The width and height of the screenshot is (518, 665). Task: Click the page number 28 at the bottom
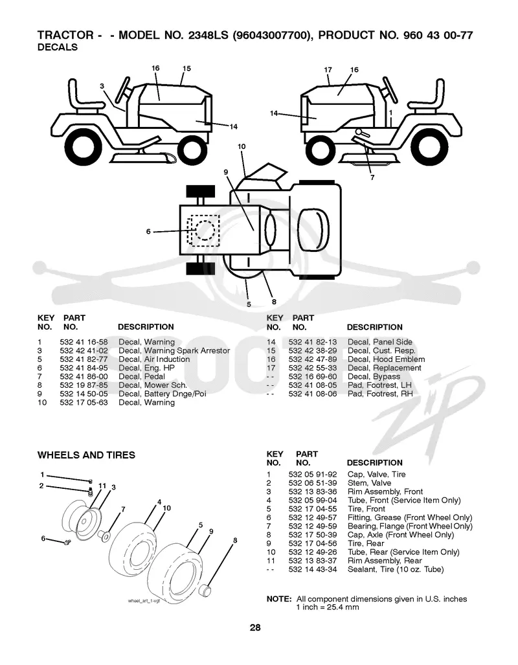click(x=255, y=627)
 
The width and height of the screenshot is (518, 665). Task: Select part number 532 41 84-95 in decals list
click(x=84, y=368)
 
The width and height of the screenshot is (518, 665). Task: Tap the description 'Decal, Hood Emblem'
click(x=386, y=359)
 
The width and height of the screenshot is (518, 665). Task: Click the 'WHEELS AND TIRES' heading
click(x=86, y=455)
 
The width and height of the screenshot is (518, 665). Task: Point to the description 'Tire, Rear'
click(x=366, y=543)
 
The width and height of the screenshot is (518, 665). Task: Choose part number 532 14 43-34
click(x=313, y=569)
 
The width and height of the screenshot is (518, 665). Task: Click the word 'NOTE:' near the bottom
click(x=278, y=599)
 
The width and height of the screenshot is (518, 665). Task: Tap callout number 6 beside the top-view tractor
click(x=148, y=232)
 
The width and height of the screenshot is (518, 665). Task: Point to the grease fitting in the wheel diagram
click(x=66, y=543)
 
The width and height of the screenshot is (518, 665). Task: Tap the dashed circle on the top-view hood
click(x=205, y=231)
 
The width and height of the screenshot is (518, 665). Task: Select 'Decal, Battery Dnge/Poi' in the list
click(x=162, y=394)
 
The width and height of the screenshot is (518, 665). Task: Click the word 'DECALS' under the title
click(x=58, y=47)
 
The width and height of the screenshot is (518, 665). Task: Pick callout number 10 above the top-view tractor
click(x=242, y=147)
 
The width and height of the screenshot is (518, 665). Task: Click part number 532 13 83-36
click(x=313, y=491)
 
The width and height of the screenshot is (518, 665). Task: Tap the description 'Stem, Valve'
click(x=369, y=483)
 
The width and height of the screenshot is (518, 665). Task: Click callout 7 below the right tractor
click(x=372, y=177)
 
